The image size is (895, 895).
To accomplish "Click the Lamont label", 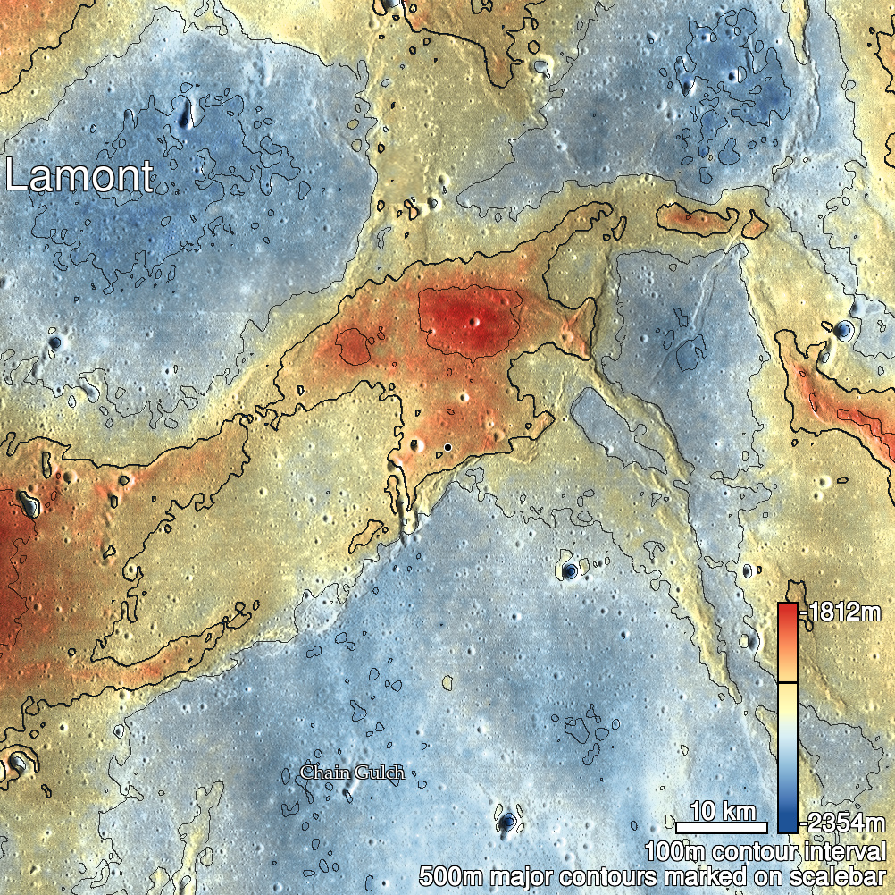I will point(79,176).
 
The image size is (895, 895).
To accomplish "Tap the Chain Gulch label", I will point(352,772).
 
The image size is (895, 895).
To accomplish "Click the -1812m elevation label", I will point(844,613).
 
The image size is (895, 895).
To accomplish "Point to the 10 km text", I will point(723,812).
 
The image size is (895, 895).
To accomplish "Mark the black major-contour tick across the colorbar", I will point(787,682).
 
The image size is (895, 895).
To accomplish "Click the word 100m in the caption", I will point(675,850).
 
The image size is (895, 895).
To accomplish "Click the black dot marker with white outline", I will point(447,447).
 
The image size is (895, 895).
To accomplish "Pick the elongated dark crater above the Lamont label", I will point(186,112).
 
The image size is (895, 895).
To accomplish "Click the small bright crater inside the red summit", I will point(475,322).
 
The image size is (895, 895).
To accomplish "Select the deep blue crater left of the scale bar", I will point(507,821).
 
